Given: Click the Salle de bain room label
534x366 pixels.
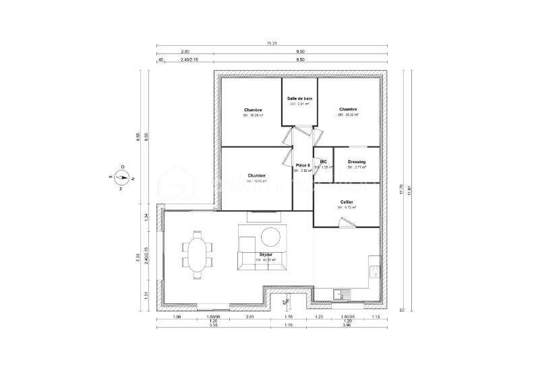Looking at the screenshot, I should coord(299,98).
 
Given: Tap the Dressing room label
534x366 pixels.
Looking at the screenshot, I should coord(357,162).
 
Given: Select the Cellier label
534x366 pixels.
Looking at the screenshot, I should coord(347,202).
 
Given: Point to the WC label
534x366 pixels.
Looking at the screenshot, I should coord(324,162).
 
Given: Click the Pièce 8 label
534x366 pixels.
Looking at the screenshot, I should coord(303,165).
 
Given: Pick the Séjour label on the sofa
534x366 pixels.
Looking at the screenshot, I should coord(266,255).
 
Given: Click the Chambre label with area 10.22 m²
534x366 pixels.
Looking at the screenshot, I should coord(348,109).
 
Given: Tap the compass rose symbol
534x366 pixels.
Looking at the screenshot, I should coord(122,178).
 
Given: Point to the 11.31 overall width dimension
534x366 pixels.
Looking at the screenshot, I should coord(272,43).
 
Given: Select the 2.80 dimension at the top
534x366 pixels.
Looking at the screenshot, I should coord(185,52).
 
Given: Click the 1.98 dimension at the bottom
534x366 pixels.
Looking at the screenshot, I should coord(177,316).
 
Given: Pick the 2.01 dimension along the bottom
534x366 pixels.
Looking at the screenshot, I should coord(249,316).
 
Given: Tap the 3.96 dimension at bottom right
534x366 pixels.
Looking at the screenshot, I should coord(347,327).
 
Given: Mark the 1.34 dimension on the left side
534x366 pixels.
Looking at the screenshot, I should coord(146,216).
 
